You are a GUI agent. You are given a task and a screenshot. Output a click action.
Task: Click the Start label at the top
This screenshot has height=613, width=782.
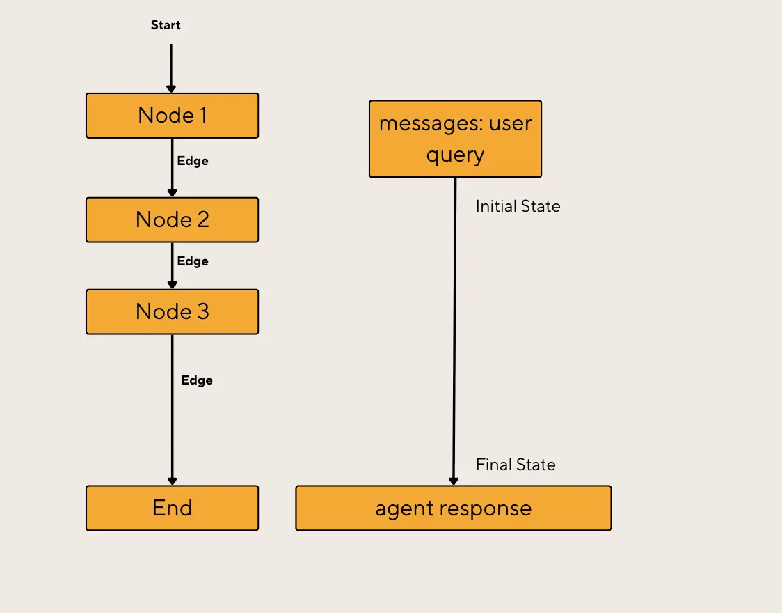pyautogui.click(x=166, y=25)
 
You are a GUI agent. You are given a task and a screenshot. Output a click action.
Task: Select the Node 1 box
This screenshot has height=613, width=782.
pyautogui.click(x=172, y=116)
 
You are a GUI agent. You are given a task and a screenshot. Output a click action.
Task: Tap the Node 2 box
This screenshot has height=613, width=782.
pyautogui.click(x=172, y=220)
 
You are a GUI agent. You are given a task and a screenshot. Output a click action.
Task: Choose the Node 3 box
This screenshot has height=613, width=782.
pyautogui.click(x=172, y=312)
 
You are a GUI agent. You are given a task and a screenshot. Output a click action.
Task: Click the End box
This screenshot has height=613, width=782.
pyautogui.click(x=172, y=508)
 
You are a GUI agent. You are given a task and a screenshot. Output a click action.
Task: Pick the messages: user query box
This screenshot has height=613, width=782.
pyautogui.click(x=455, y=139)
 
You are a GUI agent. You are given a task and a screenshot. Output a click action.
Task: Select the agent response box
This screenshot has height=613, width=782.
pyautogui.click(x=453, y=509)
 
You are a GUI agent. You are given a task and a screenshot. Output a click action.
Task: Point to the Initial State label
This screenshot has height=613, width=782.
pyautogui.click(x=518, y=206)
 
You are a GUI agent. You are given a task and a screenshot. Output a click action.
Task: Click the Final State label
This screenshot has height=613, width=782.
pyautogui.click(x=516, y=465)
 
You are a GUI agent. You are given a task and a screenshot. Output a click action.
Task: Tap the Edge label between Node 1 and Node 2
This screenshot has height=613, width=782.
pyautogui.click(x=193, y=161)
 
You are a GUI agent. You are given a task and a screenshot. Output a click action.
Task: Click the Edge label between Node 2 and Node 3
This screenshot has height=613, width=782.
pyautogui.click(x=193, y=261)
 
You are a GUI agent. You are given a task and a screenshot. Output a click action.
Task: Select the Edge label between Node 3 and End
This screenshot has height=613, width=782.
pyautogui.click(x=197, y=380)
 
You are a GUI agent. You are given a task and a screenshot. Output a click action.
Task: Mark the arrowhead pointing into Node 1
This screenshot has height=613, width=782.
pyautogui.click(x=171, y=88)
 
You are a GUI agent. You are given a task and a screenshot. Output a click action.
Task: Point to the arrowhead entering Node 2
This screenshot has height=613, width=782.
pyautogui.click(x=173, y=193)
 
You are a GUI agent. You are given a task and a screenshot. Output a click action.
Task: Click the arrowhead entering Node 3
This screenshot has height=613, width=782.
pyautogui.click(x=173, y=285)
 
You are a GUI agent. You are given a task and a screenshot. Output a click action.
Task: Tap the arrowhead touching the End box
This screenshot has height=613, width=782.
pyautogui.click(x=173, y=481)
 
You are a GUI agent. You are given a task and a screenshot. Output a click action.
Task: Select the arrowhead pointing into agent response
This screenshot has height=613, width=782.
pyautogui.click(x=454, y=481)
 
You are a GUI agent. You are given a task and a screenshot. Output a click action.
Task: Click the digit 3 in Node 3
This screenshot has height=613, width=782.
pyautogui.click(x=202, y=312)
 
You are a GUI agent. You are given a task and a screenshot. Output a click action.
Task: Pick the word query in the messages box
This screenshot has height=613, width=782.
pyautogui.click(x=455, y=155)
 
